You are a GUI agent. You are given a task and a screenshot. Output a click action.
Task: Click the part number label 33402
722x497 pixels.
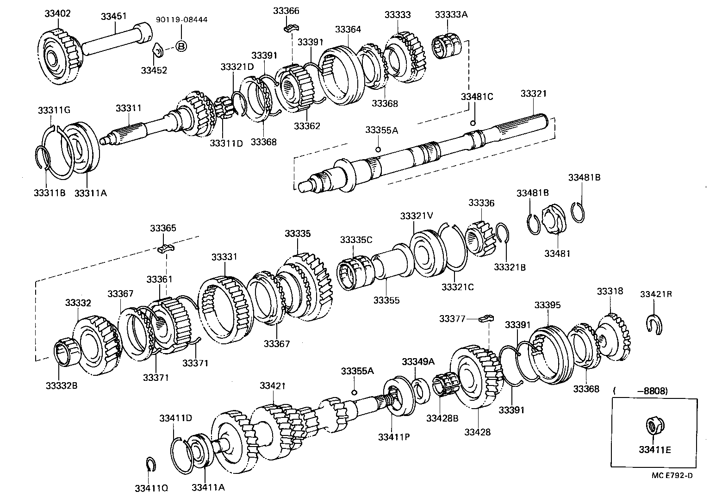pos(57,13)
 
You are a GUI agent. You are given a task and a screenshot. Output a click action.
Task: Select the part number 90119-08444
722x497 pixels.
pos(181,20)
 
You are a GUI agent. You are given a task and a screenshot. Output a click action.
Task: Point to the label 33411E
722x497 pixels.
pos(654,449)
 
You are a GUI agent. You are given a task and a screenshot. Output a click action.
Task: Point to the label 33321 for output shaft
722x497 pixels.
pos(533,93)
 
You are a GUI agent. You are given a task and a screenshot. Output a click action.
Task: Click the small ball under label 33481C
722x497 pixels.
pos(473,123)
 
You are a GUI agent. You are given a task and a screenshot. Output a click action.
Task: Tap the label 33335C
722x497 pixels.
pos(356,240)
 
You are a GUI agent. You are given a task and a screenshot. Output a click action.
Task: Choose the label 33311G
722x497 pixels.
pos(54,110)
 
